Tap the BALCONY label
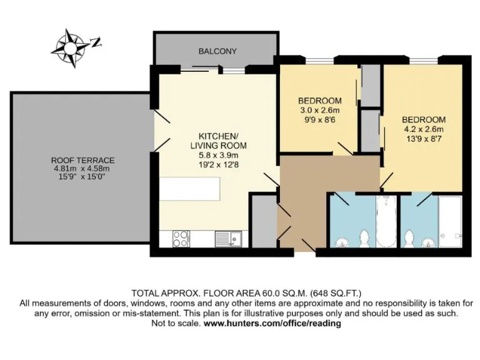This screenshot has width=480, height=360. click(x=216, y=51)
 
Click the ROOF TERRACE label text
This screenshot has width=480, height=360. click(x=82, y=160)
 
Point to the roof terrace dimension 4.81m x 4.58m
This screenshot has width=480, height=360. click(x=82, y=168)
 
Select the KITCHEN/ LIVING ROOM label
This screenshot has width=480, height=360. click(x=218, y=141)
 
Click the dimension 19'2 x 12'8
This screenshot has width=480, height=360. click(x=218, y=164)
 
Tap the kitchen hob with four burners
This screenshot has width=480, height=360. click(x=180, y=238)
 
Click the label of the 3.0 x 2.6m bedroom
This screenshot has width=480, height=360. click(x=319, y=101)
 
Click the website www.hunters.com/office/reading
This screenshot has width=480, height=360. click(x=272, y=324)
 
